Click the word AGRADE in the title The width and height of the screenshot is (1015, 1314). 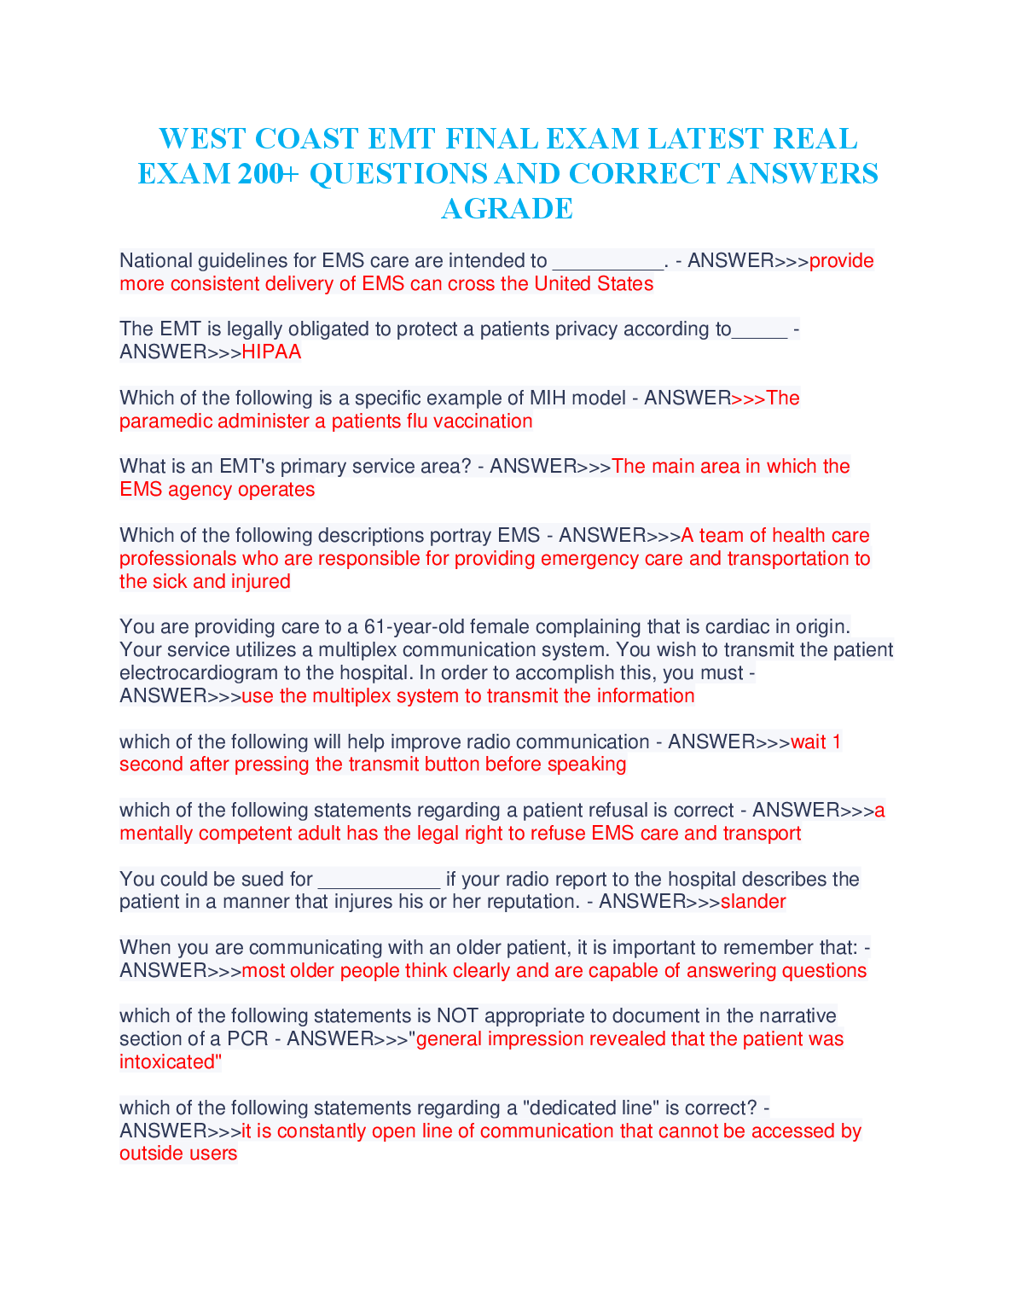pyautogui.click(x=507, y=208)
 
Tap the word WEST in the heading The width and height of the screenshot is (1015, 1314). pyautogui.click(x=200, y=139)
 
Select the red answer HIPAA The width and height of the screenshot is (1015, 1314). pyautogui.click(x=271, y=352)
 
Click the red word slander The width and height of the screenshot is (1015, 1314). pyautogui.click(x=753, y=902)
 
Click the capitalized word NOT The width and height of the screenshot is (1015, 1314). pyautogui.click(x=457, y=1016)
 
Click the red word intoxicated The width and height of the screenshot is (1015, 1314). pyautogui.click(x=168, y=1062)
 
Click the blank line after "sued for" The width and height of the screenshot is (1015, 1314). pyautogui.click(x=379, y=880)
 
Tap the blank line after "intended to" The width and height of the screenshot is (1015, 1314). pyautogui.click(x=607, y=261)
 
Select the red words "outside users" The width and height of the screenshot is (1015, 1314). pyautogui.click(x=178, y=1154)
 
